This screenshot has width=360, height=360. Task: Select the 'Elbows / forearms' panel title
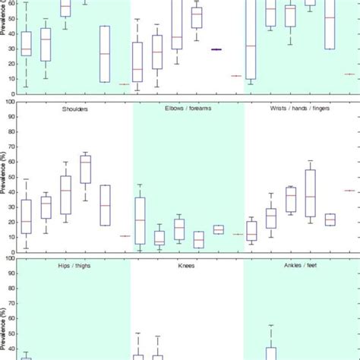[188, 109]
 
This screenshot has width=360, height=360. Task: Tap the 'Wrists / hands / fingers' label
[300, 109]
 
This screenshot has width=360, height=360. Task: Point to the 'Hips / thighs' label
[74, 265]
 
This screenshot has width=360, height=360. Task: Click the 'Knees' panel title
[188, 265]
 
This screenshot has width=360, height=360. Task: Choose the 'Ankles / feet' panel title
[301, 265]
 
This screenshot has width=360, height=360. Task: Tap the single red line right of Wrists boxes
[349, 191]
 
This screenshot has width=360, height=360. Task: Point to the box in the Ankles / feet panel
[271, 353]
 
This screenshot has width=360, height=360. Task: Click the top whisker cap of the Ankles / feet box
[271, 325]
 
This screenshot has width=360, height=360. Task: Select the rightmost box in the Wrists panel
[330, 219]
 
